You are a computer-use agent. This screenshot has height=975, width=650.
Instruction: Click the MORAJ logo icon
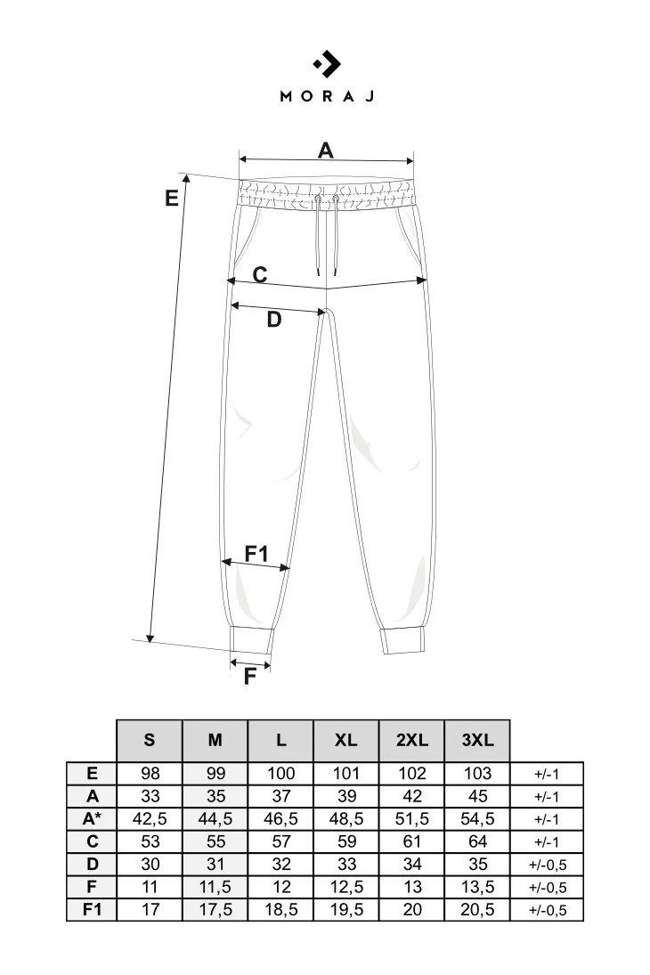pyautogui.click(x=327, y=64)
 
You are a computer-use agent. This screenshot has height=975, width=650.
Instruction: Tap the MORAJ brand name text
pyautogui.click(x=327, y=96)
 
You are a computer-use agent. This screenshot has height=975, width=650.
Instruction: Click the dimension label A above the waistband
pyautogui.click(x=326, y=150)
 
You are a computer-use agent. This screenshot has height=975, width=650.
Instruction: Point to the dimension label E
pyautogui.click(x=172, y=199)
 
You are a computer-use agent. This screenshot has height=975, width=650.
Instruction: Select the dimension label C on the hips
pyautogui.click(x=259, y=274)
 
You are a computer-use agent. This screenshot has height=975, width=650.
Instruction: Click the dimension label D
pyautogui.click(x=274, y=320)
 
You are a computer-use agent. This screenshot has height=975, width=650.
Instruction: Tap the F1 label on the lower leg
pyautogui.click(x=256, y=554)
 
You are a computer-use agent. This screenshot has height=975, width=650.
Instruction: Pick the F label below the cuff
pyautogui.click(x=250, y=676)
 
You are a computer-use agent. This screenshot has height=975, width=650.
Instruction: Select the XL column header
pyautogui.click(x=346, y=740)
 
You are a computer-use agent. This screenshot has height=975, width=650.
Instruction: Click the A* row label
pyautogui.click(x=93, y=818)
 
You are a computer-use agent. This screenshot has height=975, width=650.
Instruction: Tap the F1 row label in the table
pyautogui.click(x=93, y=909)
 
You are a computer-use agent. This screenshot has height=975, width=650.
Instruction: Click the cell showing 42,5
pyautogui.click(x=149, y=818)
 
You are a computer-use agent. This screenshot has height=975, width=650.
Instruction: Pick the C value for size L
pyautogui.click(x=280, y=841)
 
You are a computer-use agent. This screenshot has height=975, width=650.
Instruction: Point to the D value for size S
pyautogui.click(x=149, y=864)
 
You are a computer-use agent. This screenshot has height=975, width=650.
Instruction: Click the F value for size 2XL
pyautogui.click(x=412, y=887)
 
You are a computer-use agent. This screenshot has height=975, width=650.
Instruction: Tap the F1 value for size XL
pyautogui.click(x=346, y=909)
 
